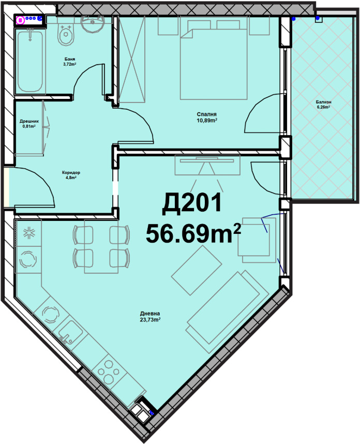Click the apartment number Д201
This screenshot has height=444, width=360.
click(x=191, y=203)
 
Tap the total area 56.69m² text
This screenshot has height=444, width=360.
click(x=193, y=233)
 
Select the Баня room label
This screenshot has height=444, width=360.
click(x=70, y=59)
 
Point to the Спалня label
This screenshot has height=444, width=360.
click(x=206, y=114)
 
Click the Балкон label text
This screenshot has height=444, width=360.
click(x=324, y=102)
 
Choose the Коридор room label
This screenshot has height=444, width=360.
click(x=71, y=172)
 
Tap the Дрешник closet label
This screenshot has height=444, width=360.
click(x=29, y=121)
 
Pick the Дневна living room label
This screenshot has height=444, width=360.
click(x=150, y=314)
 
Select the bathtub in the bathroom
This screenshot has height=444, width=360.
click(x=30, y=61)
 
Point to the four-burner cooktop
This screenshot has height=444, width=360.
click(x=108, y=372)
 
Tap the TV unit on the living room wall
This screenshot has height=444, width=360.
click(x=207, y=165)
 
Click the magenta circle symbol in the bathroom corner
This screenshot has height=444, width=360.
click(x=20, y=20)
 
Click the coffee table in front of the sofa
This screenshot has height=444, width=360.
click(x=197, y=270)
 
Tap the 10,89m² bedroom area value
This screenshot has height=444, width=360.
click(x=207, y=121)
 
